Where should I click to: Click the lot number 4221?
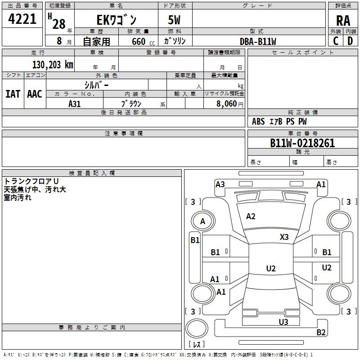click(x=22, y=19)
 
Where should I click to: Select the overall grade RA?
click(x=343, y=21)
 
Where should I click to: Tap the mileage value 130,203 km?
click(x=53, y=65)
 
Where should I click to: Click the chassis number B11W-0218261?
click(x=302, y=143)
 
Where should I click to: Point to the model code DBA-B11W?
click(x=258, y=41)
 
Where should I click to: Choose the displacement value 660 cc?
click(x=143, y=41)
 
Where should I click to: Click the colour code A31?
click(x=74, y=104)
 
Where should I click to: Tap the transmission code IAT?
click(x=13, y=94)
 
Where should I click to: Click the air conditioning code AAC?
click(x=35, y=94)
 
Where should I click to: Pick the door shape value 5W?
click(x=174, y=20)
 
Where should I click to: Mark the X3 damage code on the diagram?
click(x=284, y=237)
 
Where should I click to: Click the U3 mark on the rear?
click(x=283, y=322)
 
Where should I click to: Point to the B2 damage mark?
click(x=321, y=332)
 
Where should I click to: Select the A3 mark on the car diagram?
click(x=220, y=184)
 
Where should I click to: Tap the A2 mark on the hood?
click(x=251, y=216)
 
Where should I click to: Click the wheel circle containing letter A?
click(x=203, y=221)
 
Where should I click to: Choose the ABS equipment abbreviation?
click(x=258, y=121)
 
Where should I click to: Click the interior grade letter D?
click(x=350, y=41)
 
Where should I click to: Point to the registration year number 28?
click(x=59, y=24)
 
